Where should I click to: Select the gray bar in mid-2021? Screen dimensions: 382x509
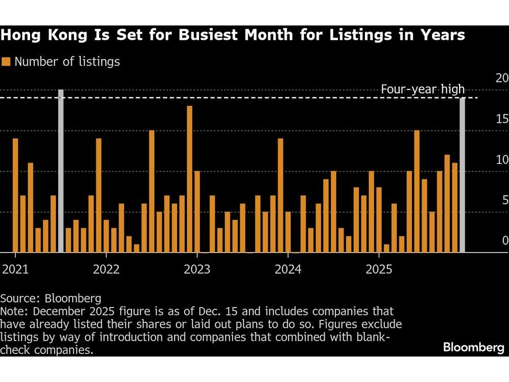(61, 171)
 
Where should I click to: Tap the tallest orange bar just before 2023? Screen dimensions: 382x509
(189, 179)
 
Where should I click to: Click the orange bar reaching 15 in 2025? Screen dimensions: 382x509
(417, 191)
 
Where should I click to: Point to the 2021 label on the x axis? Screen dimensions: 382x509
(15, 269)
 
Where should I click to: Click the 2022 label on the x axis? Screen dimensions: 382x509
(106, 269)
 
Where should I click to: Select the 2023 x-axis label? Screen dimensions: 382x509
(197, 269)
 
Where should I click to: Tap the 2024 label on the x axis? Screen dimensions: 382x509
(288, 269)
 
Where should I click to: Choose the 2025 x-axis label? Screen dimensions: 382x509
(379, 269)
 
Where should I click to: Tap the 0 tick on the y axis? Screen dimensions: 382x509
(504, 240)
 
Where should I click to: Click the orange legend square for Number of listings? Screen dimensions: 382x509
(6, 62)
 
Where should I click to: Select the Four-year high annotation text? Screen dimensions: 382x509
(422, 90)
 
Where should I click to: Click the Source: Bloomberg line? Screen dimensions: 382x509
(51, 298)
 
